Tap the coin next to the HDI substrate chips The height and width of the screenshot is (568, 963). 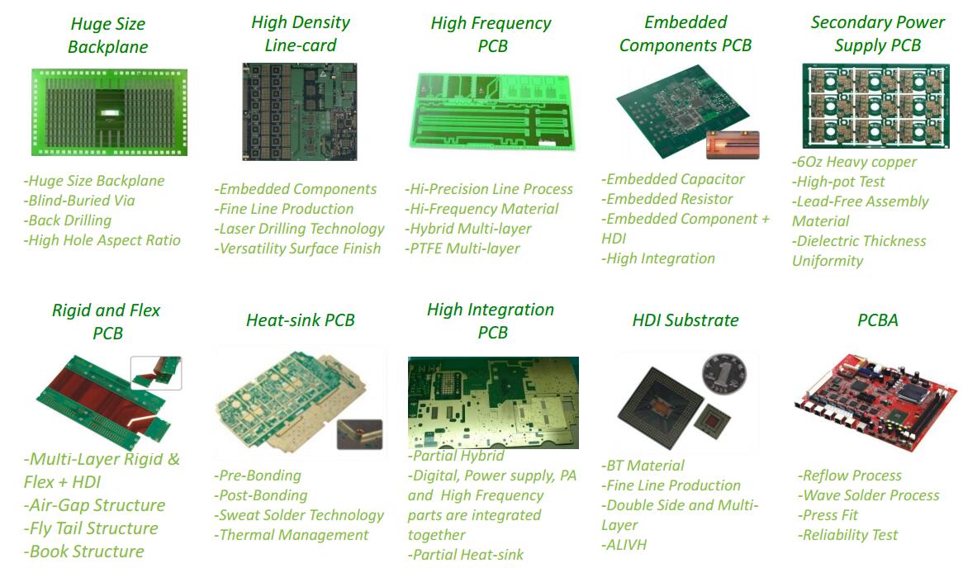721,377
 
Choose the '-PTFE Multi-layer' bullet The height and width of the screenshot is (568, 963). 463,248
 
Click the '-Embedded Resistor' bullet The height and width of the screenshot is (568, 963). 667,199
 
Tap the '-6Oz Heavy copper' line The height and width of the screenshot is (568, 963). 854,162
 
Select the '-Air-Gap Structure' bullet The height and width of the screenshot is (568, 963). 94,505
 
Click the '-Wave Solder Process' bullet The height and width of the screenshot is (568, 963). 868,495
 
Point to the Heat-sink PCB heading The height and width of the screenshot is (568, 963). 300,320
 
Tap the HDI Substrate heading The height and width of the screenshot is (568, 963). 685,320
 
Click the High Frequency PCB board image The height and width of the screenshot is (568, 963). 492,111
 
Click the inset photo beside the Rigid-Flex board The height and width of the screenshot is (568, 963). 156,373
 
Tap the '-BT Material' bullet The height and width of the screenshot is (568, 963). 643,466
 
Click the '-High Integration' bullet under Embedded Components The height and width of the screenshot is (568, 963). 658,258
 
